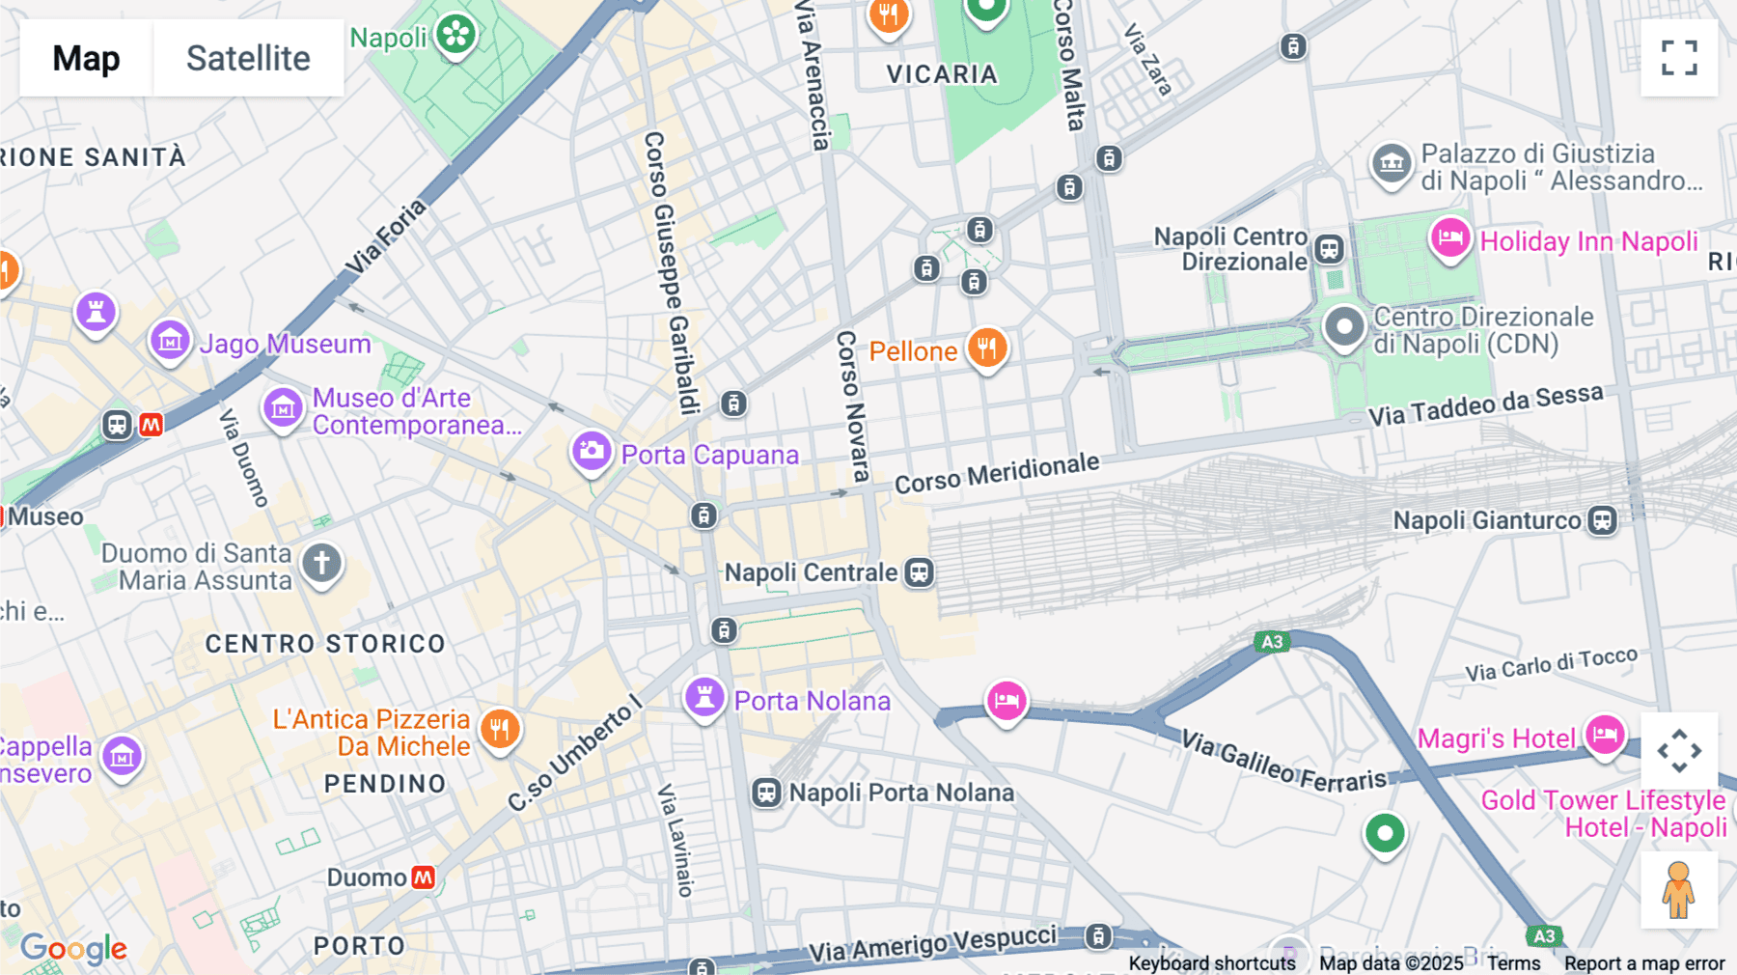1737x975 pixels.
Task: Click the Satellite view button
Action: pos(248,58)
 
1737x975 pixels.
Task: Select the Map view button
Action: pos(86,58)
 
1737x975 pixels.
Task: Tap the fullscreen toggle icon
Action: pos(1679,58)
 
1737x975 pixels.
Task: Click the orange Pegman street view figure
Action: pos(1678,889)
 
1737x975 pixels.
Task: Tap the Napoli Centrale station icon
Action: pos(919,572)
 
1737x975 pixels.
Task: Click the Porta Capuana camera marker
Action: pos(592,451)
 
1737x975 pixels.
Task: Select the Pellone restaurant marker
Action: pos(986,348)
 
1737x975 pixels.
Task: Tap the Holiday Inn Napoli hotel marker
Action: pos(1449,237)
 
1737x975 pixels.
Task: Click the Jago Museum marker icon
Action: pos(170,341)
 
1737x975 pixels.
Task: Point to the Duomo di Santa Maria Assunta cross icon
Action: pos(321,563)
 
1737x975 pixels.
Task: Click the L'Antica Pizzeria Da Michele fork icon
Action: pos(499,730)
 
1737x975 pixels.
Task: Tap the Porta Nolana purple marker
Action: pos(704,697)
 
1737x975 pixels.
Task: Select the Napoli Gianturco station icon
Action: pos(1602,520)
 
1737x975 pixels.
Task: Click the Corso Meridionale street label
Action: pos(996,473)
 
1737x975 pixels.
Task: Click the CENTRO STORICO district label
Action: pos(325,644)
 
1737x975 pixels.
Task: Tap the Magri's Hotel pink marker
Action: pos(1604,736)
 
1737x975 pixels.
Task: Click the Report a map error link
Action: pos(1643,963)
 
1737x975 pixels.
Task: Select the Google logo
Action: pos(73,949)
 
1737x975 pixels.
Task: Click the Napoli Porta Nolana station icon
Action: pos(766,794)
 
